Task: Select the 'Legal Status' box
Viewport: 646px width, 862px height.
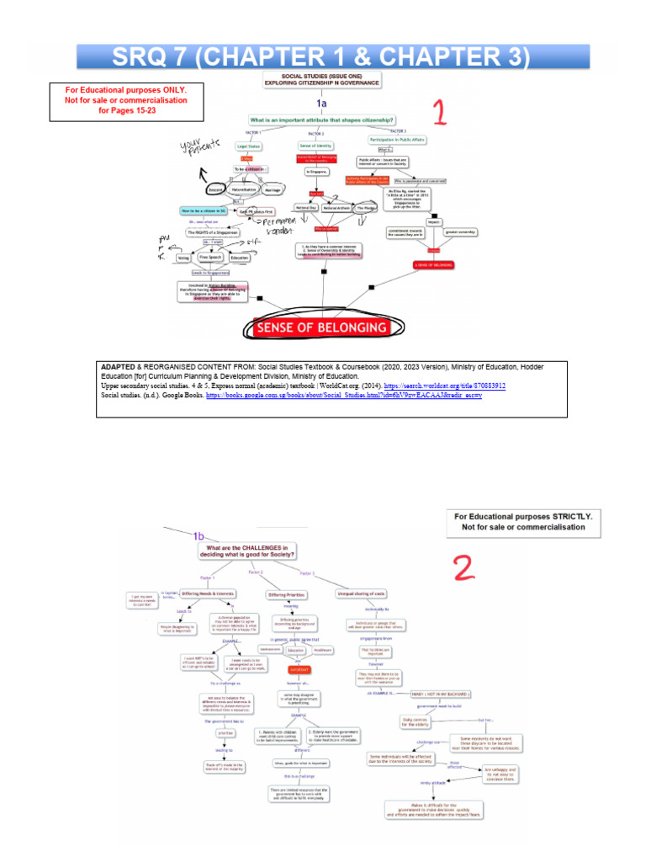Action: [248, 146]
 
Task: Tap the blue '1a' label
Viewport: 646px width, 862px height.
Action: [321, 104]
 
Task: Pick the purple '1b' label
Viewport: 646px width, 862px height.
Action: [199, 535]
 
